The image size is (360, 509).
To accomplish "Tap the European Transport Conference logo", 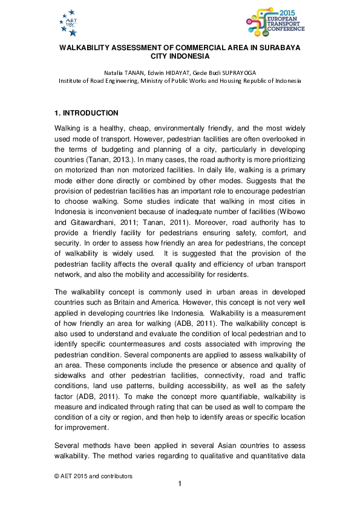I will [275, 22].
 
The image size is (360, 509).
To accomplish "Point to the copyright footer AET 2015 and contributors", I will [93, 476].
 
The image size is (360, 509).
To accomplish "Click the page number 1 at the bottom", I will [180, 484].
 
